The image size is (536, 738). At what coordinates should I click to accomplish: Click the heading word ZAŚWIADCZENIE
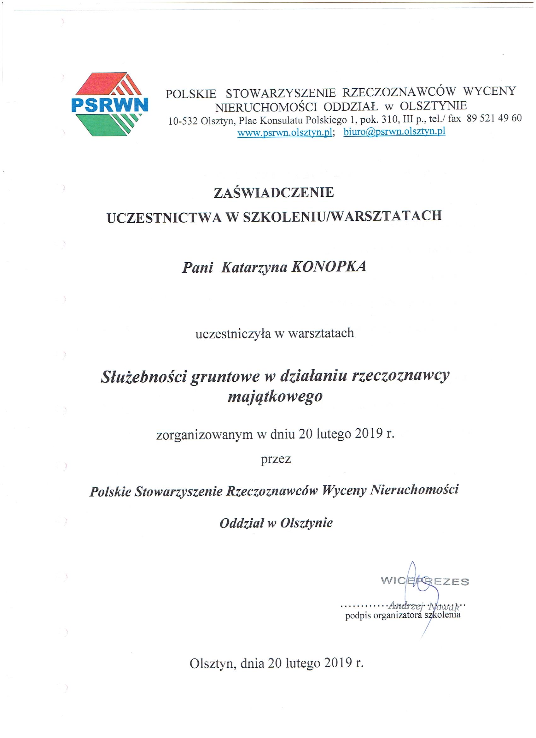point(274,193)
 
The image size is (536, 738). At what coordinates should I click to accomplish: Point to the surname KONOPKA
point(329,267)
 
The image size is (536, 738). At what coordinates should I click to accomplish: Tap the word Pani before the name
point(197,267)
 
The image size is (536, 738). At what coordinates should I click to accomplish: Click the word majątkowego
point(275,396)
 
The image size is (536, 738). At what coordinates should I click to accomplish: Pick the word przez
point(276,459)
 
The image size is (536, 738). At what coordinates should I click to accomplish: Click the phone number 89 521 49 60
point(494,118)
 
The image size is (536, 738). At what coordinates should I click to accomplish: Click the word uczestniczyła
point(232,334)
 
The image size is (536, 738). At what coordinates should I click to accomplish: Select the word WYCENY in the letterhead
point(489,91)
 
